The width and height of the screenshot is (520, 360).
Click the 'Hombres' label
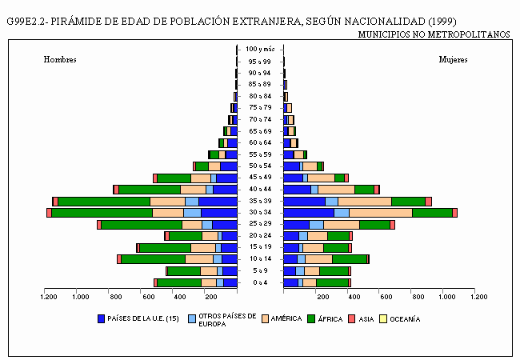(x=60, y=60)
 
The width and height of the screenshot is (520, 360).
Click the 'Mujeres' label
(x=453, y=60)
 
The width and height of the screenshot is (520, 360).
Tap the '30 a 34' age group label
(x=260, y=213)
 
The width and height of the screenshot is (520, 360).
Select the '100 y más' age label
(x=260, y=50)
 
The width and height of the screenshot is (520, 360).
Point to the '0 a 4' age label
(x=260, y=282)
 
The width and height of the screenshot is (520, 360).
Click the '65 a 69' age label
(x=260, y=131)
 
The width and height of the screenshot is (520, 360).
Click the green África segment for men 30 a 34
(x=102, y=213)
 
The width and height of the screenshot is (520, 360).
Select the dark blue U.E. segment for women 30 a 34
(x=309, y=213)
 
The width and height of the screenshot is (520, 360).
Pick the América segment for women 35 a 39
(x=365, y=202)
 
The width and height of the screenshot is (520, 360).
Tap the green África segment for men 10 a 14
(x=154, y=259)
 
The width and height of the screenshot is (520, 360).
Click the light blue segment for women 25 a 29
(x=316, y=225)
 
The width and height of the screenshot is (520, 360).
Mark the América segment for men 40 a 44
(x=193, y=190)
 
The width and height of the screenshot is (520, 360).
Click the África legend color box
(x=311, y=319)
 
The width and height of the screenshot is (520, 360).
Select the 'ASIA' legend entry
(x=366, y=319)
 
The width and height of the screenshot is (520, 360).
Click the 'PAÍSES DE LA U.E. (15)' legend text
(x=143, y=319)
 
